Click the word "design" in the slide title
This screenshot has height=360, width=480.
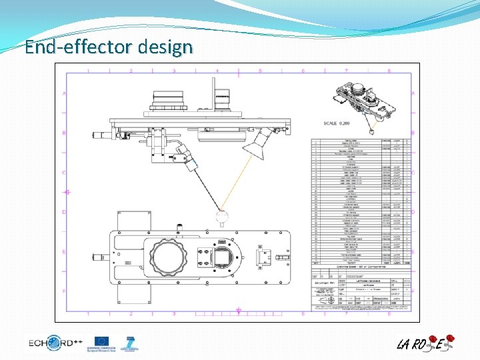point(166,47)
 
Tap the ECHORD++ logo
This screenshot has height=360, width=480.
point(55,343)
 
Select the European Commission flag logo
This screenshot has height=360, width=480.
point(102,342)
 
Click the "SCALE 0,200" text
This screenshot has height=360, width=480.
point(337,123)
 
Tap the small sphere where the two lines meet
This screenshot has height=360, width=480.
point(222,216)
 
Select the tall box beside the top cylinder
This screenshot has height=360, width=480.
point(223,95)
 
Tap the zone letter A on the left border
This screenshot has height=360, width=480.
point(65,93)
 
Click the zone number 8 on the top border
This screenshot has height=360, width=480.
point(389,70)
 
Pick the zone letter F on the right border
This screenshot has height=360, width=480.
point(413,291)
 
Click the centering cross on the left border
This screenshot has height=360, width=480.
point(66,192)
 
